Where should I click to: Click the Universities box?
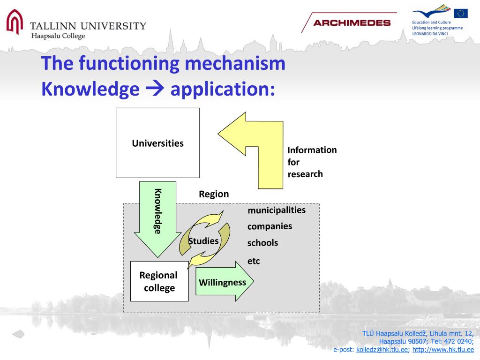(157, 143)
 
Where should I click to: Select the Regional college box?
(159, 281)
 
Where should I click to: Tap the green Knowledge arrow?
(157, 216)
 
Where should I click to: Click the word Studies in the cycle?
(203, 241)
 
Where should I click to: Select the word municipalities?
(277, 210)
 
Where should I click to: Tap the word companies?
(270, 226)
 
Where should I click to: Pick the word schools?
(262, 243)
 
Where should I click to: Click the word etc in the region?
(254, 261)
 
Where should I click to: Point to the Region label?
(214, 194)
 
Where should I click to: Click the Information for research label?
(312, 162)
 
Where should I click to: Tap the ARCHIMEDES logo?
(352, 23)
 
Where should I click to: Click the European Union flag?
(460, 13)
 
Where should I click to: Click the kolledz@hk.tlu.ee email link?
(382, 350)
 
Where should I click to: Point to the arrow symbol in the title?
(155, 88)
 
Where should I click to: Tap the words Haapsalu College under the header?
(58, 36)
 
